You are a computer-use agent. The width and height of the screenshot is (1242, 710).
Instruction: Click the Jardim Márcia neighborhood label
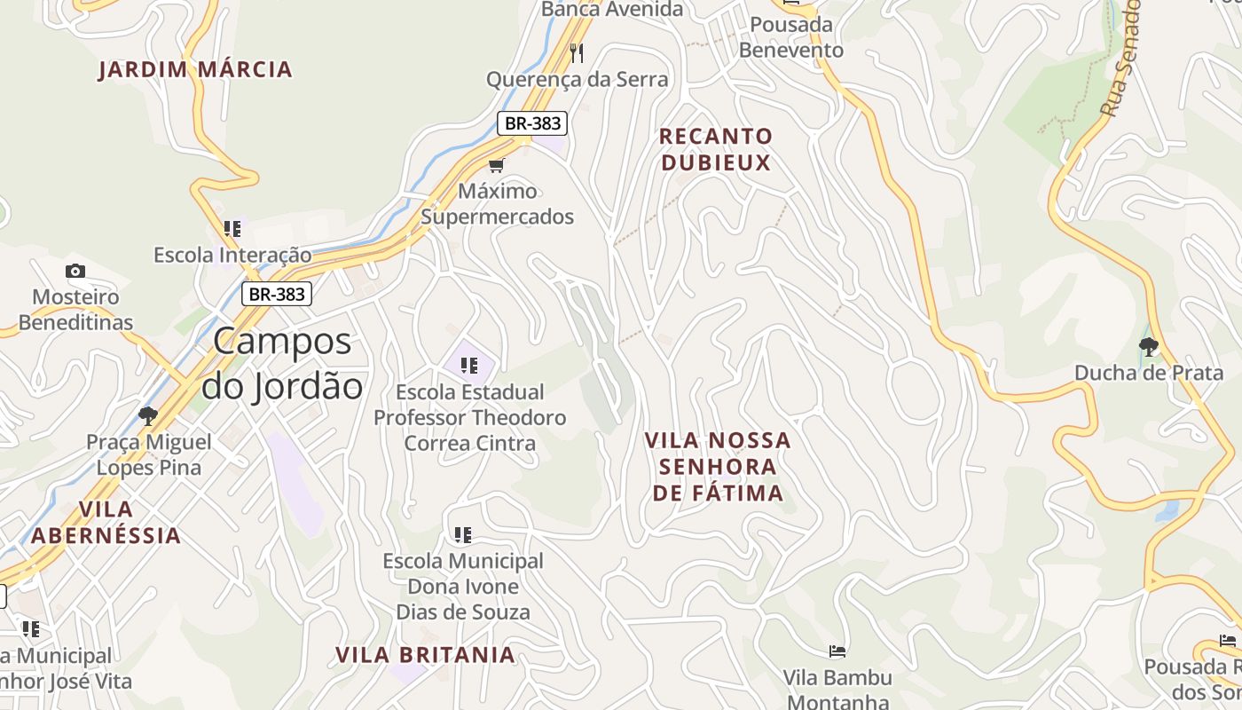195,69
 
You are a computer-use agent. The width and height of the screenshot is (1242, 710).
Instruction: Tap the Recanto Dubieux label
716,149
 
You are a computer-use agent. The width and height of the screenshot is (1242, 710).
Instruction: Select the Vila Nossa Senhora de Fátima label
718,467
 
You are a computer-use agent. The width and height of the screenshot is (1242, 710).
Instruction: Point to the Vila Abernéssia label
106,522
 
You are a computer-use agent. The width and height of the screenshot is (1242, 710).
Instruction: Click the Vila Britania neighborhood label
425,655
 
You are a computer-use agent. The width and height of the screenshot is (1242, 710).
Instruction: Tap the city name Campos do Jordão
282,364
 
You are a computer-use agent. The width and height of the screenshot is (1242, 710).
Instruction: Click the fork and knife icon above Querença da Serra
577,52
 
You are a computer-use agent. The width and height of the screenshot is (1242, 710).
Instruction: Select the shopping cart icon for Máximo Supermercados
497,165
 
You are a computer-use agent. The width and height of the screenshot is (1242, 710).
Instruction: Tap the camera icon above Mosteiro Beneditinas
75,271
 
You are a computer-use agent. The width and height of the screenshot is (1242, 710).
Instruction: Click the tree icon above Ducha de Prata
1149,346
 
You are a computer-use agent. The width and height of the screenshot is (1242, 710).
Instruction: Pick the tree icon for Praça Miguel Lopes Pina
148,415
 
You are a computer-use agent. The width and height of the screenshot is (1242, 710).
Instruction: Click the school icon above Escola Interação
232,229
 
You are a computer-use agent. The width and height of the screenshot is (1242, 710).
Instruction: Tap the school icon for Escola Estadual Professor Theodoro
469,365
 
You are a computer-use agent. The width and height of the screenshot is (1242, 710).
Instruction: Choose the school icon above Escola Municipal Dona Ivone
462,534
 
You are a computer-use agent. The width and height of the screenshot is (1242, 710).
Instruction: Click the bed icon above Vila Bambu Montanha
837,651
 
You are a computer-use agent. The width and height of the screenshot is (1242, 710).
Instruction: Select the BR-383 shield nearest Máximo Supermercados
531,123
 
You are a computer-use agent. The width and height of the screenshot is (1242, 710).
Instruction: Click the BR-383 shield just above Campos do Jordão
277,294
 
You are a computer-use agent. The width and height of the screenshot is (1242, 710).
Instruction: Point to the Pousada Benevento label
791,37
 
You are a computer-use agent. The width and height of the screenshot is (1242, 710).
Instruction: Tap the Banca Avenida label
612,9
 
